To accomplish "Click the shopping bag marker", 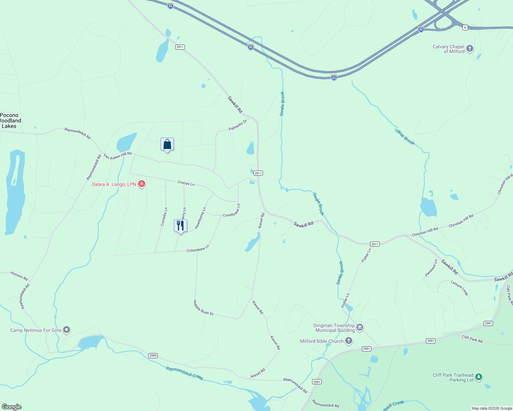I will coord(167,145).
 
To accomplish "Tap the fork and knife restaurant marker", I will coord(180,226).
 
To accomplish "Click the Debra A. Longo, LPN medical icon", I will coord(142,184).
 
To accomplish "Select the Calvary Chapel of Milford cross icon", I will coord(470,49).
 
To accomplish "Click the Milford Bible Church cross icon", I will coord(349,341).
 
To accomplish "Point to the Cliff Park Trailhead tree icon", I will coord(479,377).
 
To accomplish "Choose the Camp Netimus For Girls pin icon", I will coord(67,330).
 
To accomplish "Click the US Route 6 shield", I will coord(465,27).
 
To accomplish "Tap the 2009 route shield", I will coord(153,356).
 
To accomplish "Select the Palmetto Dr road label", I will coord(238,125).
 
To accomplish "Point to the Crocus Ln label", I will coord(186,183).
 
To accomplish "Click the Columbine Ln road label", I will coord(198,249).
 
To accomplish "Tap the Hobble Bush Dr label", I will coord(203,308).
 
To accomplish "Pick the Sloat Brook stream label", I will coord(405,137).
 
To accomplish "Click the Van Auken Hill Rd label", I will coord(118,156).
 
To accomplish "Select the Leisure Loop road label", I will coord(460,288).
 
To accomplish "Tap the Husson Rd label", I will coord(19,276).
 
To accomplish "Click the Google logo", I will coord(12,407).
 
